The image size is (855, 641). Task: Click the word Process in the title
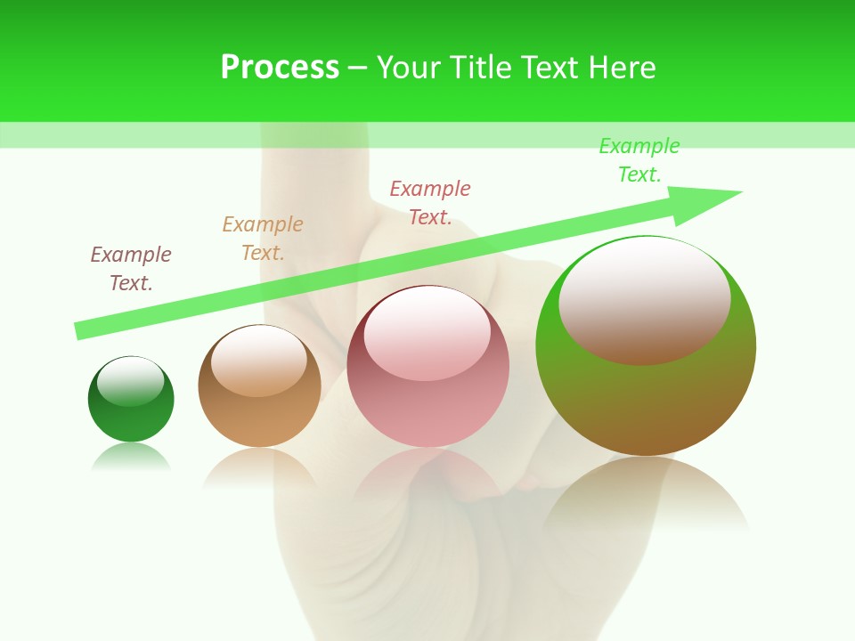pos(280,68)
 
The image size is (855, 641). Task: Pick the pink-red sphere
pos(427,401)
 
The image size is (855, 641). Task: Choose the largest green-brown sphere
pos(646,392)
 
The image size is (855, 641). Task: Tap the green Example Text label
pos(639,160)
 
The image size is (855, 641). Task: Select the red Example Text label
pos(430,203)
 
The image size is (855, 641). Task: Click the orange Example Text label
pos(262,239)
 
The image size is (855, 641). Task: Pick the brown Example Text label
pos(131,269)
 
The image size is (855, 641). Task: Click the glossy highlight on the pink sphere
pos(427,332)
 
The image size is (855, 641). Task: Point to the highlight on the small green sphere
pos(130,381)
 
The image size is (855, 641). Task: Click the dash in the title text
pos(357,69)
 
